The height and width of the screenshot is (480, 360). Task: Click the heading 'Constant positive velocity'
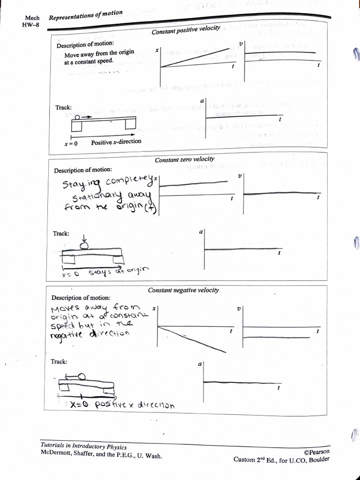point(186,30)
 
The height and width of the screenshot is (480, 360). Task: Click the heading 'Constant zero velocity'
point(182,160)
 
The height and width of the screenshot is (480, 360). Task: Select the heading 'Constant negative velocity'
point(183,290)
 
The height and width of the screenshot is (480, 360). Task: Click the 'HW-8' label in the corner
point(29,25)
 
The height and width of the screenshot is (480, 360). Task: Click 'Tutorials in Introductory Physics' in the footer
point(83,446)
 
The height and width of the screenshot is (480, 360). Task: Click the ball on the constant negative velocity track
point(81,376)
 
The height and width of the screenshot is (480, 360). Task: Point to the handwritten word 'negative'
point(68,335)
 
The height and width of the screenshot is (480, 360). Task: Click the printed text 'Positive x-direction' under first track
point(116,142)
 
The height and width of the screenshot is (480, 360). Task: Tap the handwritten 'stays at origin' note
point(118,271)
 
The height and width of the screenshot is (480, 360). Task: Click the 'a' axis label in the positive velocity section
point(202,101)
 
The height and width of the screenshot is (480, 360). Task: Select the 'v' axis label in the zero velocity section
point(240,176)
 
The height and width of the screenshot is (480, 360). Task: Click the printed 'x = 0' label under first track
point(71,143)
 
